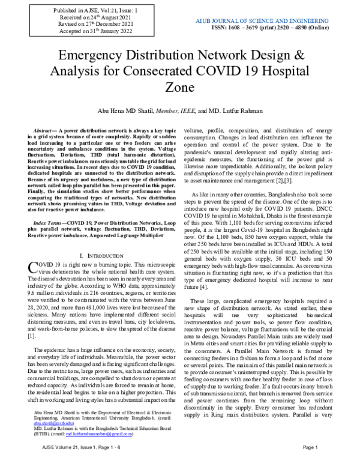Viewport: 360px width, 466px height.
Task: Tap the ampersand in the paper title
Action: [x=298, y=57]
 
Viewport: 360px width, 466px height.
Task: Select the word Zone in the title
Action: [x=179, y=88]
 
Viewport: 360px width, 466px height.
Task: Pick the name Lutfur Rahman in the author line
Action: [x=242, y=111]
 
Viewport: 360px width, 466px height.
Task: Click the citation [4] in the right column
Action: [x=203, y=288]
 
